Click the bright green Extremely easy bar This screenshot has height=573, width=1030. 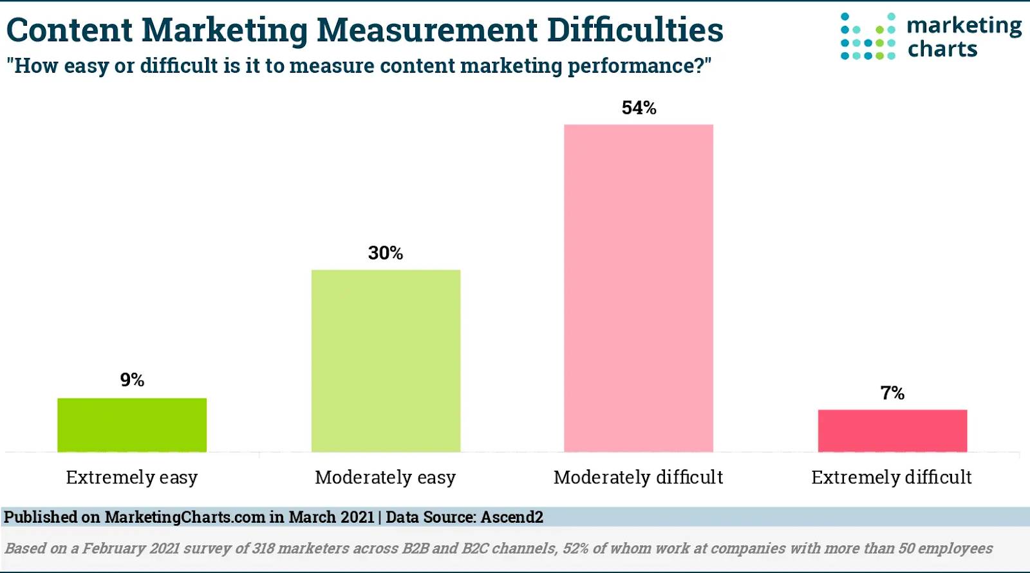click(x=132, y=425)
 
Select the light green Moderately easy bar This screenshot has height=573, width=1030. click(x=386, y=361)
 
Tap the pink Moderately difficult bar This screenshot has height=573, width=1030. click(x=638, y=288)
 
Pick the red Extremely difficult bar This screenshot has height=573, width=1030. click(x=892, y=431)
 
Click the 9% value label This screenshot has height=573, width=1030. click(x=132, y=380)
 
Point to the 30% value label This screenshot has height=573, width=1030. click(x=386, y=253)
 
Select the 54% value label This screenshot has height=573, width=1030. click(x=639, y=108)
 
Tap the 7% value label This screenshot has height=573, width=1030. click(x=892, y=393)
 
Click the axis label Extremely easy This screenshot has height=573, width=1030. click(x=132, y=478)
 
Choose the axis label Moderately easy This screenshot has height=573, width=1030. click(x=385, y=478)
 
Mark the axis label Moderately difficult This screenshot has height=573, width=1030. click(x=638, y=478)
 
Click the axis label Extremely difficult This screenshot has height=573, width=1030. click(x=892, y=478)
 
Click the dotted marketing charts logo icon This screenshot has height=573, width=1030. click(x=868, y=37)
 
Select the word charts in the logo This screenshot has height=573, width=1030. click(x=942, y=49)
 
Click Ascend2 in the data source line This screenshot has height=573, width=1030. click(x=512, y=517)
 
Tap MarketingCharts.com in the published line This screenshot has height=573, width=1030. click(x=185, y=517)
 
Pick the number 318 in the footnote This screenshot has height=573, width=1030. click(x=263, y=549)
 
